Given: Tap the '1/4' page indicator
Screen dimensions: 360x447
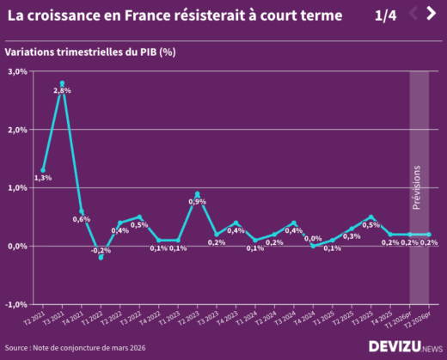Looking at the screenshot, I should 386,16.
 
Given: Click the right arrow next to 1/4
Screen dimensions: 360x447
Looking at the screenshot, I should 432,13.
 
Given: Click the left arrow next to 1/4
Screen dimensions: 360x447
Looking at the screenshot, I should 413,13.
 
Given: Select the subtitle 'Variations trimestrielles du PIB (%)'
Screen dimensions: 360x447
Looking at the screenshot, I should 90,52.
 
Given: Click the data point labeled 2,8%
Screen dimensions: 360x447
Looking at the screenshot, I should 62,83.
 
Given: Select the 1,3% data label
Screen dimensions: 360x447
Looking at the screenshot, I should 43,178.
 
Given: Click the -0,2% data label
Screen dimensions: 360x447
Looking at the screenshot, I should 101,250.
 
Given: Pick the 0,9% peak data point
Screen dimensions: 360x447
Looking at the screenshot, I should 197,194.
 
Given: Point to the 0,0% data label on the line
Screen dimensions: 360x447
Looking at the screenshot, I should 313,239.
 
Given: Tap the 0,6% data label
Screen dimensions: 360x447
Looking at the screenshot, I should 82,219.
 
